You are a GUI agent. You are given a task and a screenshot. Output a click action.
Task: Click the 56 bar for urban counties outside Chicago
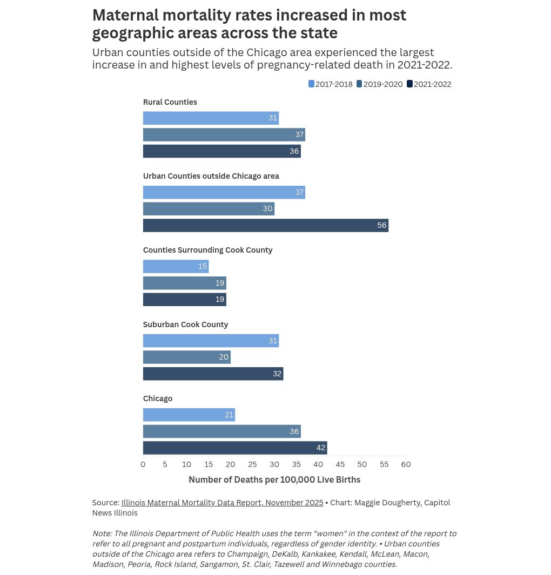265,225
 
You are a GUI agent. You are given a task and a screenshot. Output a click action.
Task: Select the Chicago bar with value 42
234,448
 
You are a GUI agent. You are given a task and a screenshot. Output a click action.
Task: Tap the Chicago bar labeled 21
189,415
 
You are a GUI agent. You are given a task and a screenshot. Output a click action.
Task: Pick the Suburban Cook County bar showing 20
186,357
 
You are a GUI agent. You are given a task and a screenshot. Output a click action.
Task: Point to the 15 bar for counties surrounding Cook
176,266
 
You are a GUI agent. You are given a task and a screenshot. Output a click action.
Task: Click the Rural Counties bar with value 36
221,151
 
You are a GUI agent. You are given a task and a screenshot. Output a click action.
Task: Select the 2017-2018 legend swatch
311,84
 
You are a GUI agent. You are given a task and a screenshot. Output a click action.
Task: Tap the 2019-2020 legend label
382,84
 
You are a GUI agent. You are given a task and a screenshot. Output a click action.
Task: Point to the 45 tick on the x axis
340,464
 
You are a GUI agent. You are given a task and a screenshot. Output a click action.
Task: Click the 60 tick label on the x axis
406,464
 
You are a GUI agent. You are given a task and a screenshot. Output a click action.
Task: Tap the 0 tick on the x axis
143,464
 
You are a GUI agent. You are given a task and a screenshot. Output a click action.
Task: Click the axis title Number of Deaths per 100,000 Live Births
274,479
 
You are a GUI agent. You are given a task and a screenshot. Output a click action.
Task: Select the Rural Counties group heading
170,102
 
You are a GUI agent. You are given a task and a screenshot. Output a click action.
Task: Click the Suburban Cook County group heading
185,324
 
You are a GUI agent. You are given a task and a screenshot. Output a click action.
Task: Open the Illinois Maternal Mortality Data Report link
222,503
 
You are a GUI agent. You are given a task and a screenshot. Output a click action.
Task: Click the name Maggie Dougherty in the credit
387,503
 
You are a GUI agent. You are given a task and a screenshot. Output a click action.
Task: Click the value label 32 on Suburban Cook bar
277,374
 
